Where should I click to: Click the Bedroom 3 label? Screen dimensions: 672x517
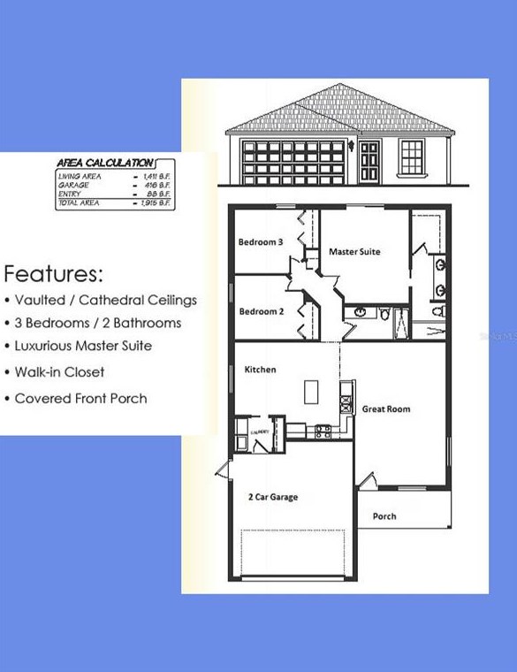click(x=261, y=241)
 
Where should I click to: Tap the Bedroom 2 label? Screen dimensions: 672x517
click(x=261, y=311)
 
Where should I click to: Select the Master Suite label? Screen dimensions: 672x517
click(x=354, y=252)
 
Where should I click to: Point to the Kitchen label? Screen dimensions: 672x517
click(x=260, y=370)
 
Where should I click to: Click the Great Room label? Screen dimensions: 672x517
click(x=386, y=409)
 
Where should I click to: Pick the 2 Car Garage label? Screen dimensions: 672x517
click(x=272, y=497)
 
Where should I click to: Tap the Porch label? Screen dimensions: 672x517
click(x=384, y=516)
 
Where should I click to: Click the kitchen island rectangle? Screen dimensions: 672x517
click(x=311, y=391)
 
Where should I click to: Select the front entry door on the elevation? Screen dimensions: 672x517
click(x=369, y=160)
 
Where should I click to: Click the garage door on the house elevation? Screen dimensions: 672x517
click(x=293, y=161)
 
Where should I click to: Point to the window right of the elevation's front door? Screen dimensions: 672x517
click(x=412, y=157)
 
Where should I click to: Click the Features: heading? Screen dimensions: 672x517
click(x=54, y=271)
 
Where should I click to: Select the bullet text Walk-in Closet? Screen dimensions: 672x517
click(x=59, y=372)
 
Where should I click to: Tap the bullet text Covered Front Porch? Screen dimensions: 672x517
click(x=80, y=398)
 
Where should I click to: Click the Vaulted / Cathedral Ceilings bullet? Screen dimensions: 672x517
click(x=105, y=300)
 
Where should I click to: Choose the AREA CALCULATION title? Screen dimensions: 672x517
click(x=104, y=163)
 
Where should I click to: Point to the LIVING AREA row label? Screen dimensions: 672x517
click(x=80, y=176)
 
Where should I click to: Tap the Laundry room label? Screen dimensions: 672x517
click(x=260, y=431)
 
